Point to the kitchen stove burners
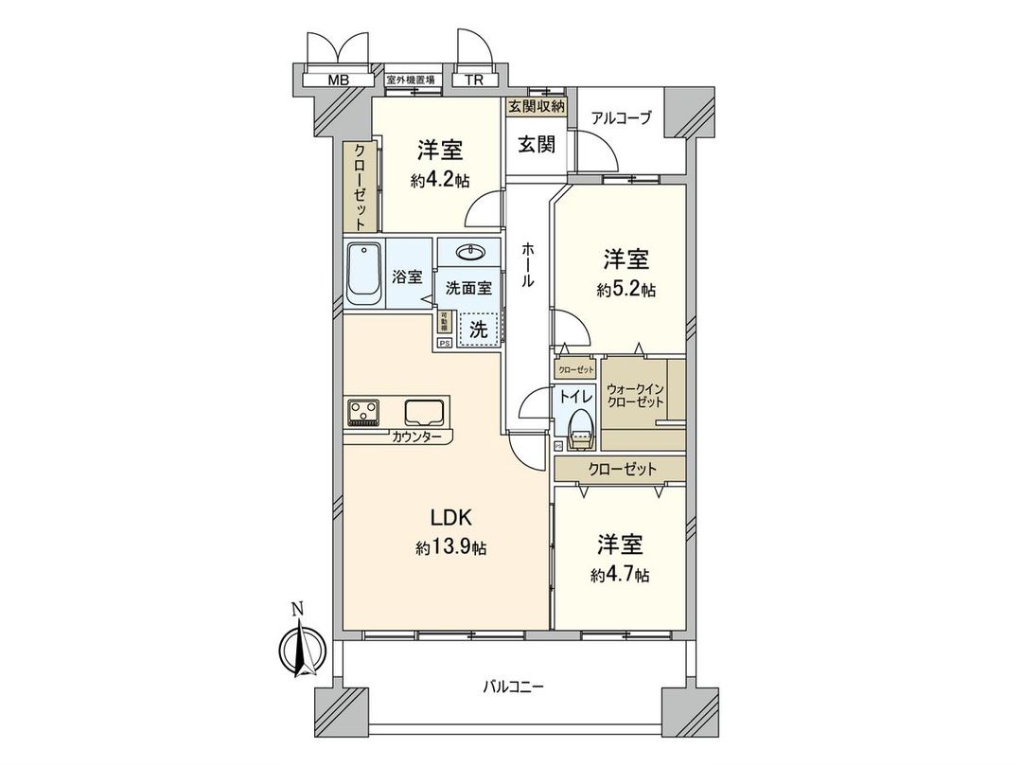tap(364, 412)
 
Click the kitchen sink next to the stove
tap(423, 412)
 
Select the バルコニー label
tap(513, 686)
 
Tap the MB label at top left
tap(338, 80)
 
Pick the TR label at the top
tap(474, 80)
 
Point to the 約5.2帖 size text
tap(626, 291)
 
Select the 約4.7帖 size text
tap(620, 575)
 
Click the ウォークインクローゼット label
tap(636, 395)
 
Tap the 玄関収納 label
tap(537, 106)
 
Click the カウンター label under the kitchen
tap(417, 437)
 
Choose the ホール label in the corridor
tap(527, 264)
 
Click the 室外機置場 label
tap(410, 80)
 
